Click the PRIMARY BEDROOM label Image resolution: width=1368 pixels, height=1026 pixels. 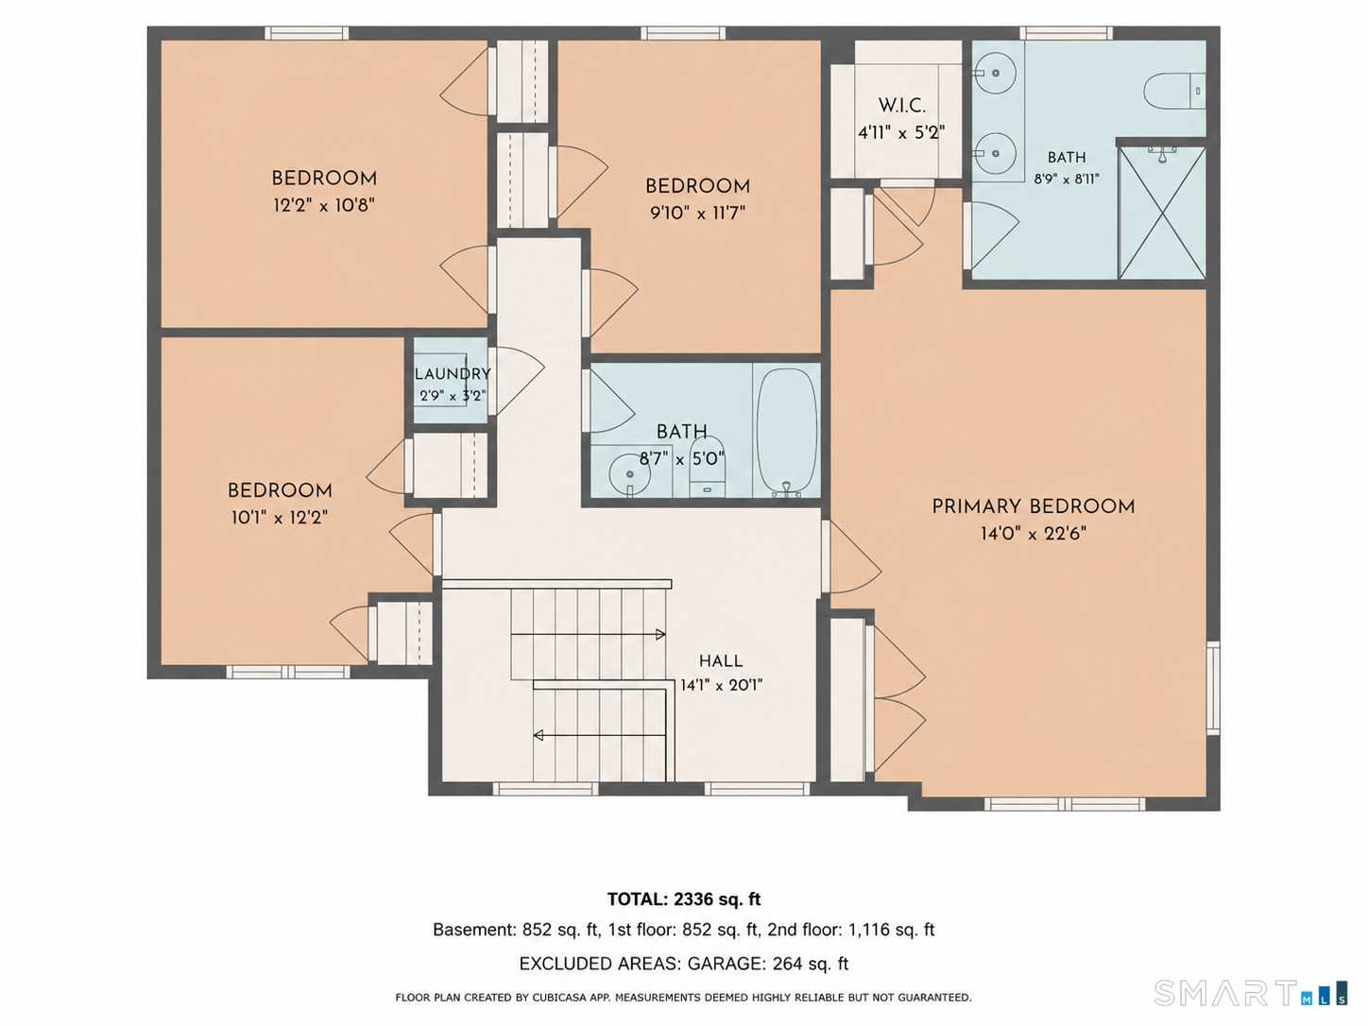point(1033,506)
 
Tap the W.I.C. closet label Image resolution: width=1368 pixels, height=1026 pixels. point(901,105)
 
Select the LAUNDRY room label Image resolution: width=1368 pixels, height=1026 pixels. point(453,374)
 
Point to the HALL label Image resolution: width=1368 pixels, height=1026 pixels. point(721,661)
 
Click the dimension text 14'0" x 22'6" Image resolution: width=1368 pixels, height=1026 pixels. point(1034,534)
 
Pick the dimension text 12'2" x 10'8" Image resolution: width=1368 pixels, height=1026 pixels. point(323,205)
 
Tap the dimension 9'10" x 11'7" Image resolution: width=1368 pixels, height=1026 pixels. point(697,214)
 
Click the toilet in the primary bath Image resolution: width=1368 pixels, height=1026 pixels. point(1174,91)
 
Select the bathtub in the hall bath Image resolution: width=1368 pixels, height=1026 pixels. point(787,432)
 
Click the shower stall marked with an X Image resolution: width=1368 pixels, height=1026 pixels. point(1162,214)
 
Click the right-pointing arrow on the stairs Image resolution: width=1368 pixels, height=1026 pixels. point(588,635)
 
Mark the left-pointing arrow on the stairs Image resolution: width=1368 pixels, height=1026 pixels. point(600,736)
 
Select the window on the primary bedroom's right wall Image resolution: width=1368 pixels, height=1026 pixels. point(1213,688)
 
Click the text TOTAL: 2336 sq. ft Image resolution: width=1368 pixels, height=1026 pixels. point(684,899)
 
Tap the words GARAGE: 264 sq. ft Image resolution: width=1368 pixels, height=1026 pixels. point(768,964)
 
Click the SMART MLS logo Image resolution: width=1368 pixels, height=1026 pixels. point(1251,993)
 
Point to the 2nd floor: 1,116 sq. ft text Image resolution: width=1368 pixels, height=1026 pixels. point(850,930)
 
